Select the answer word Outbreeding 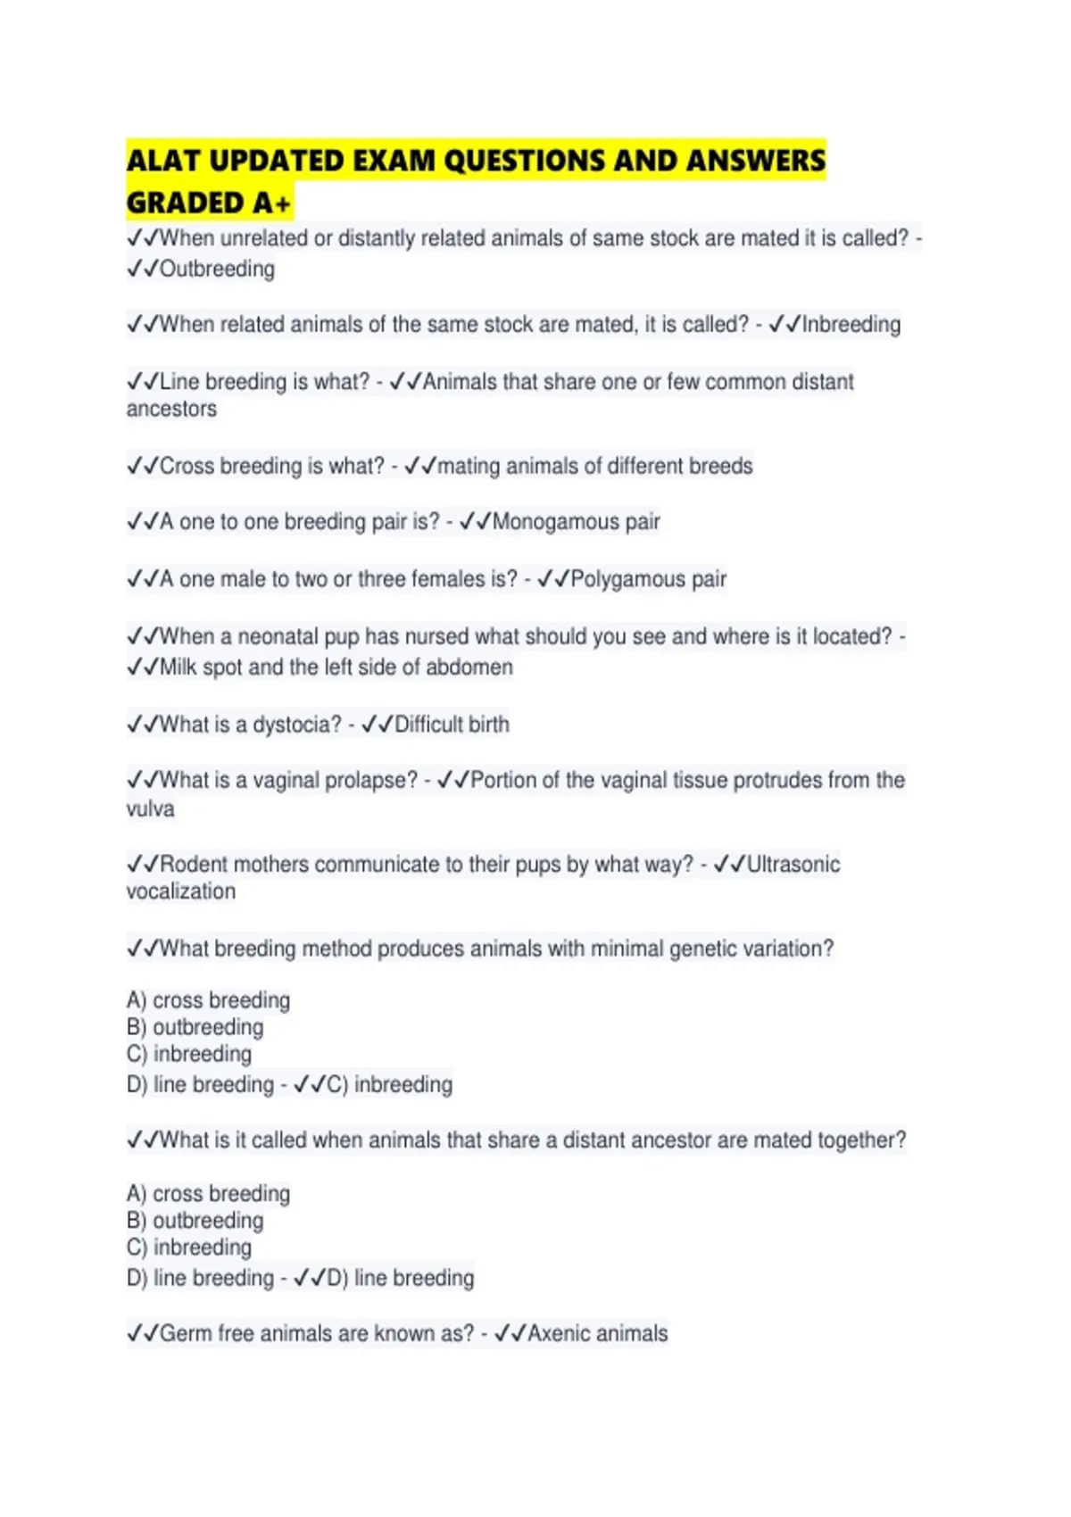217,269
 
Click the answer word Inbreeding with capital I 851,324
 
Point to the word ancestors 171,409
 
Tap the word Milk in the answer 178,667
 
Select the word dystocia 296,725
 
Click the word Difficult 427,725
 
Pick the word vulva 150,809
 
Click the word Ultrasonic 793,865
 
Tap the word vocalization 181,891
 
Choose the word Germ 185,1334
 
